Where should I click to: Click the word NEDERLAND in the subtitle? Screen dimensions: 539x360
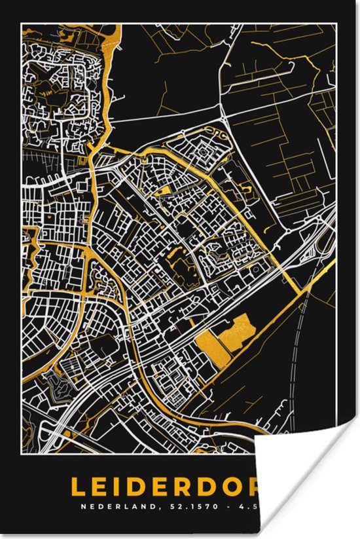[x=108, y=506]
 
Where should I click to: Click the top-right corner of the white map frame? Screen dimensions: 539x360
[x=336, y=24]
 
